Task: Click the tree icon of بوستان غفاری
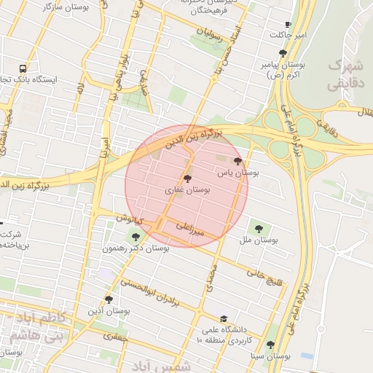(x=187, y=178)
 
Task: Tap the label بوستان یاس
(x=238, y=173)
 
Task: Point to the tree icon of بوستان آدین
(x=109, y=299)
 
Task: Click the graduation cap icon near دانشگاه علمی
(x=224, y=318)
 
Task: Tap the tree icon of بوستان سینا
(x=270, y=345)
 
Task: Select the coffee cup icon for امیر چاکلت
(x=288, y=24)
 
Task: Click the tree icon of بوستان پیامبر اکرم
(x=283, y=53)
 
